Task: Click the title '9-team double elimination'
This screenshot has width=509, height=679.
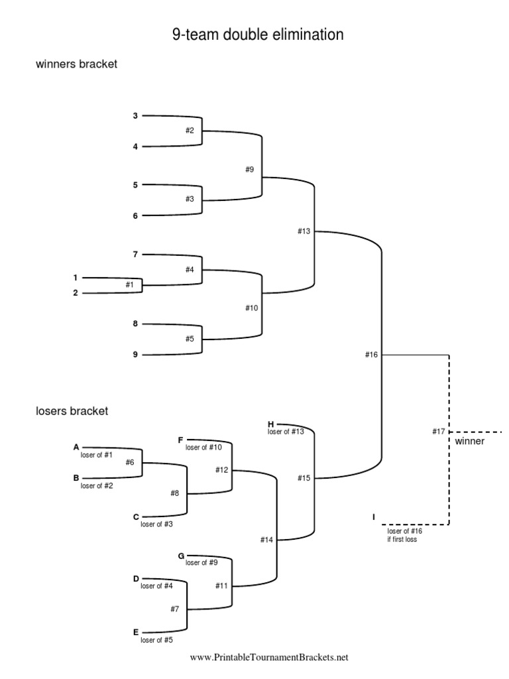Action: (x=258, y=34)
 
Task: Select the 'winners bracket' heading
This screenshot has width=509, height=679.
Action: (x=76, y=65)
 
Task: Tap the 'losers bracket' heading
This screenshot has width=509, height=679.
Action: (x=72, y=411)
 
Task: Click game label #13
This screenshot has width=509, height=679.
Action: (x=304, y=231)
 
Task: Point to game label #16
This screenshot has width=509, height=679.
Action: (x=371, y=355)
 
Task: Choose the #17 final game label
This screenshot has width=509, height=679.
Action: (x=438, y=432)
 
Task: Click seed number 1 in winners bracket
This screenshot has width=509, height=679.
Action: (x=76, y=277)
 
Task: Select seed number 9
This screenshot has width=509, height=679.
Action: (x=135, y=354)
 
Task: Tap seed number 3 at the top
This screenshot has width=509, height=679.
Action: (x=135, y=116)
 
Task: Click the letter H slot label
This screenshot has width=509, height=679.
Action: (x=270, y=423)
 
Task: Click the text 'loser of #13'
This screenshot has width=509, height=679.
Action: (x=286, y=432)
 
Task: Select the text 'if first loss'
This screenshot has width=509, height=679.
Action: (x=402, y=539)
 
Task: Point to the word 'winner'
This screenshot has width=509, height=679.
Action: (x=469, y=442)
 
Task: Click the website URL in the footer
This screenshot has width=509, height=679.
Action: (x=268, y=658)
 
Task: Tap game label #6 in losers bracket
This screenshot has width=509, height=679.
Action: (x=130, y=462)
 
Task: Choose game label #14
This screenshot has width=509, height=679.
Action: (x=266, y=540)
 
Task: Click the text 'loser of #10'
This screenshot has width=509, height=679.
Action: (x=203, y=448)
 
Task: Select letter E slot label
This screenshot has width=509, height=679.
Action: (x=136, y=631)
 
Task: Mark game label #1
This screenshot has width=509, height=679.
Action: (x=129, y=284)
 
